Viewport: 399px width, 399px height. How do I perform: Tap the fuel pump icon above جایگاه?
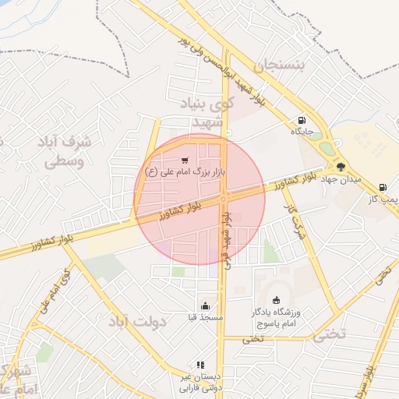[x=301, y=121]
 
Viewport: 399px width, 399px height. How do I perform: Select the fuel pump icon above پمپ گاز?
[x=382, y=187]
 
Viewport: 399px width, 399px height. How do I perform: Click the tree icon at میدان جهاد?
[x=341, y=166]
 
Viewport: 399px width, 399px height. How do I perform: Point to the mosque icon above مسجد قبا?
[x=205, y=305]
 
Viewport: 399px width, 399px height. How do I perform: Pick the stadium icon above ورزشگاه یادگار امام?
[x=276, y=300]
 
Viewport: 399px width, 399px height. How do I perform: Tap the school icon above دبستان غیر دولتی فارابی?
[x=200, y=365]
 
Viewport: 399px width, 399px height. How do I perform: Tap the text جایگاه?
[x=302, y=132]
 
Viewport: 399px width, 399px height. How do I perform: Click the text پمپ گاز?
[x=383, y=199]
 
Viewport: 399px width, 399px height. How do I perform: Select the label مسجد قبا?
[x=206, y=318]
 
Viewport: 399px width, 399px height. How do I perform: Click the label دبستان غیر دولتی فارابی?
[x=201, y=382]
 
